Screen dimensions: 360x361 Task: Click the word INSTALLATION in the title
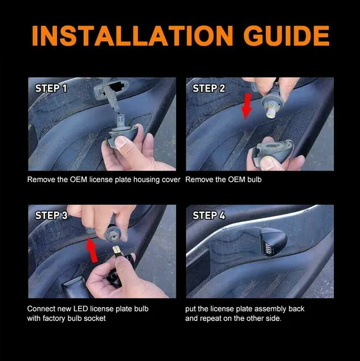pyautogui.click(x=133, y=36)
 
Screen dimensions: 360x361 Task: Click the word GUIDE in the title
pyautogui.click(x=287, y=36)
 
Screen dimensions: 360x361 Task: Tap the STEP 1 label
pyautogui.click(x=51, y=89)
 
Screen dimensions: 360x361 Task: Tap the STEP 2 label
pyautogui.click(x=209, y=89)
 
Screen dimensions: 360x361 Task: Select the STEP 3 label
pyautogui.click(x=51, y=215)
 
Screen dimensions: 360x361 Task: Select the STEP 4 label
pyautogui.click(x=209, y=215)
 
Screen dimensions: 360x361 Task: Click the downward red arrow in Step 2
pyautogui.click(x=247, y=106)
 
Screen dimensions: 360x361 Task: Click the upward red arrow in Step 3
pyautogui.click(x=92, y=250)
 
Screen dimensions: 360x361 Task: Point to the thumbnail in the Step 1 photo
pyautogui.click(x=121, y=143)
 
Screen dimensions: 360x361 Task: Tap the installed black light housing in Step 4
pyautogui.click(x=273, y=241)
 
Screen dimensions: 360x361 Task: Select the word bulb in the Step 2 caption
pyautogui.click(x=254, y=180)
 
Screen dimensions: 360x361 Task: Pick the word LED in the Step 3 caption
pyautogui.click(x=81, y=309)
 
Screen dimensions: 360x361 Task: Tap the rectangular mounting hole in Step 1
pyautogui.click(x=117, y=87)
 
